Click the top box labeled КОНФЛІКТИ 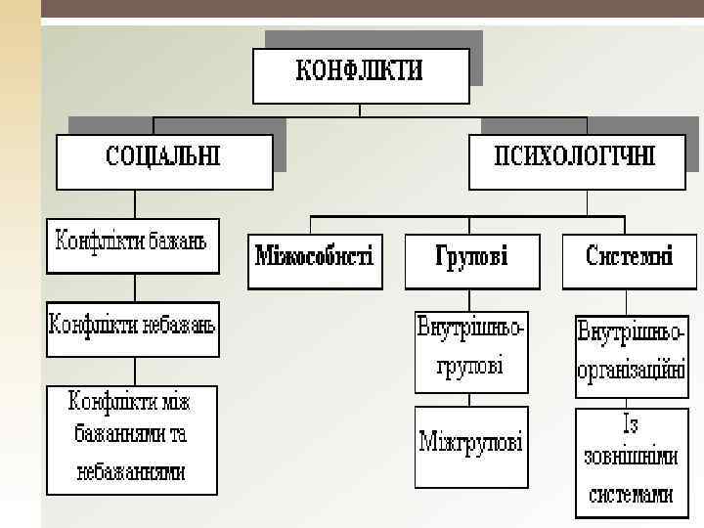[x=360, y=74]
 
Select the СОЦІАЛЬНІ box [x=162, y=158]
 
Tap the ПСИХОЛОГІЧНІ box [x=575, y=158]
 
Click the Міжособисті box [x=314, y=258]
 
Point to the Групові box [x=471, y=258]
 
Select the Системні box [x=629, y=258]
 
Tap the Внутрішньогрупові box [x=471, y=348]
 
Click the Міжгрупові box [x=471, y=444]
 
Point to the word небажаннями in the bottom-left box [x=131, y=471]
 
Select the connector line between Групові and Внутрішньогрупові [x=471, y=299]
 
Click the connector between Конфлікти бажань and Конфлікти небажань [x=134, y=287]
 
